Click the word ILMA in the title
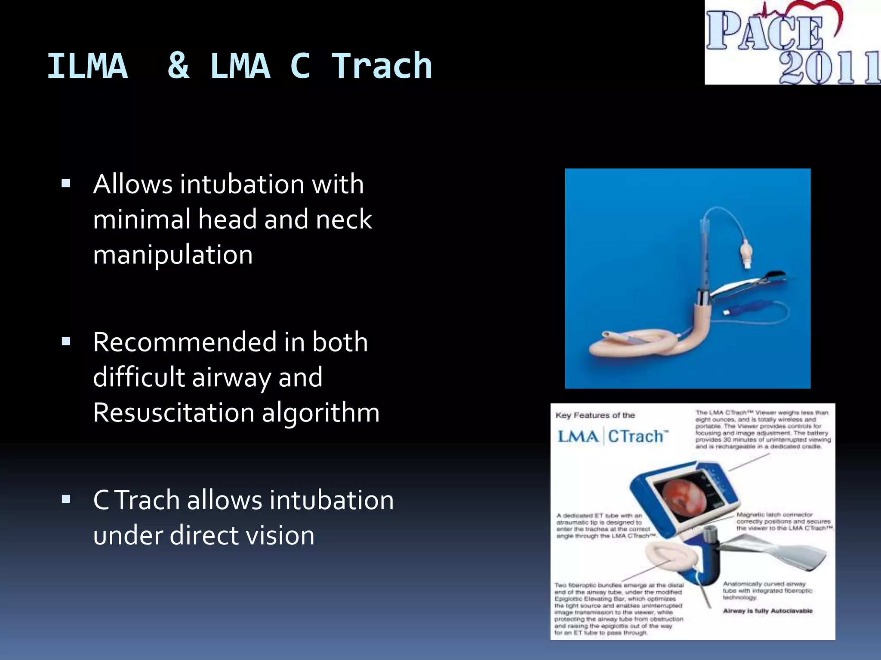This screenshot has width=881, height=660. click(x=87, y=67)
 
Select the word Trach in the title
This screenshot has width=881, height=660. click(x=382, y=67)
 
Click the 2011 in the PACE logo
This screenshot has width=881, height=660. click(x=828, y=67)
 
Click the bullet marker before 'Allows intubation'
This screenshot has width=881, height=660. click(x=66, y=184)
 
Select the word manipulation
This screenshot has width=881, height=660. click(x=173, y=255)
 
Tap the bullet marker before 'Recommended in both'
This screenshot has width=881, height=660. click(x=66, y=342)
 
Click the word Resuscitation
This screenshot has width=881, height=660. click(x=174, y=413)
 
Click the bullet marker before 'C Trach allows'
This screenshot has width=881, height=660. click(x=66, y=499)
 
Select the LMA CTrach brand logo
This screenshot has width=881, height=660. click(x=613, y=437)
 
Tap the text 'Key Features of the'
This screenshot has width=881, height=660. click(x=595, y=416)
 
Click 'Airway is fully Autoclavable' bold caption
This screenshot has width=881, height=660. click(x=767, y=611)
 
